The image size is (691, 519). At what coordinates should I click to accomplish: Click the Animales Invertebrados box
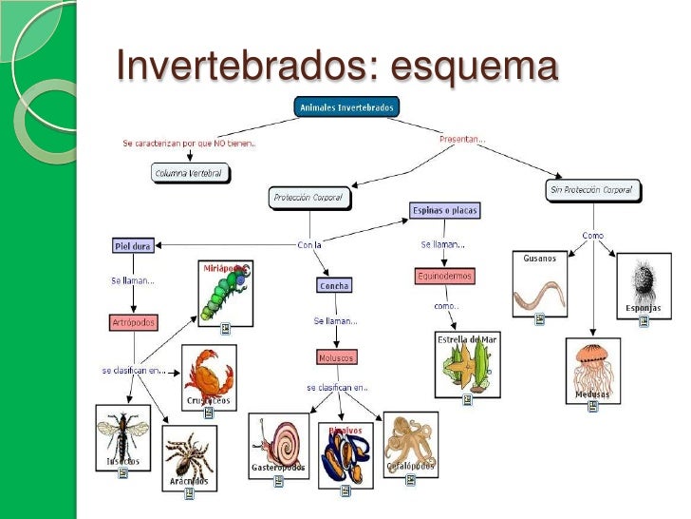click(346, 107)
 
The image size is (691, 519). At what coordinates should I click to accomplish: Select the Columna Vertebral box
click(191, 173)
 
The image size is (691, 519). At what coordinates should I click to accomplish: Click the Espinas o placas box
click(441, 209)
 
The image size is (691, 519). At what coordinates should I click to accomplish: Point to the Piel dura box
click(133, 245)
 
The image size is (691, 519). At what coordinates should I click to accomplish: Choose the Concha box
click(334, 285)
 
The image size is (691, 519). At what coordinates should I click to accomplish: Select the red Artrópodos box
click(133, 322)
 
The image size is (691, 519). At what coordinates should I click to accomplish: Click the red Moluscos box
click(337, 357)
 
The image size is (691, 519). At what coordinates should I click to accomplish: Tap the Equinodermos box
click(443, 277)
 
